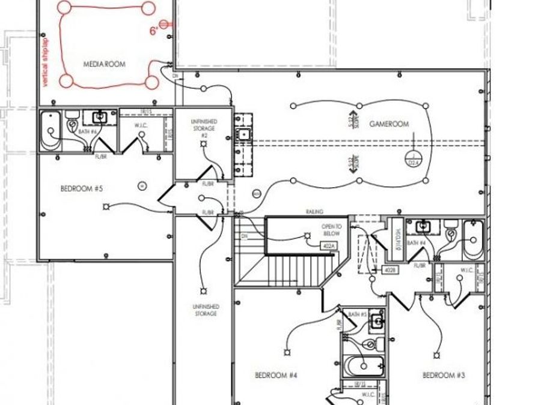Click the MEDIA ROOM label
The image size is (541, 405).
(104, 64)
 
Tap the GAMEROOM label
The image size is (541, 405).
(389, 124)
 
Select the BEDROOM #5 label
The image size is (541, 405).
(82, 188)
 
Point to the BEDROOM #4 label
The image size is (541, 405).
(276, 376)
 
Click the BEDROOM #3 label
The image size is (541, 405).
(444, 376)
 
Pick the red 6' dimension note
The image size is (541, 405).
(154, 30)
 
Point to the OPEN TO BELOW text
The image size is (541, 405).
(331, 230)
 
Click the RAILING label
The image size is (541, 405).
(314, 212)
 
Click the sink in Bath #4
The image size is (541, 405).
(425, 226)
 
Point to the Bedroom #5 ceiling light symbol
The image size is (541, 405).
(106, 207)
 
